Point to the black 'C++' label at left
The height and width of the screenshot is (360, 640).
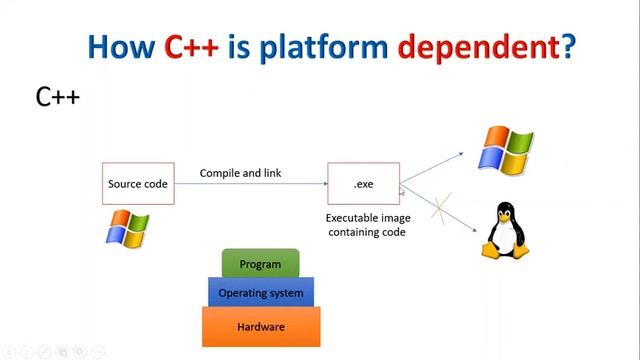pyautogui.click(x=57, y=97)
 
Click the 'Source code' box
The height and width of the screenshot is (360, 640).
pyautogui.click(x=139, y=184)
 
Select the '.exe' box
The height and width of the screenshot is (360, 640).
pyautogui.click(x=363, y=184)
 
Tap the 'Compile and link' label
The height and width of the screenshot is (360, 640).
pyautogui.click(x=240, y=173)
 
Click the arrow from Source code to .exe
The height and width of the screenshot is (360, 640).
pyautogui.click(x=250, y=184)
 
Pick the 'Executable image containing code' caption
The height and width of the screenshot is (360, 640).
pyautogui.click(x=365, y=224)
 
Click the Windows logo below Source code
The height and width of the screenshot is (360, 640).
pyautogui.click(x=127, y=229)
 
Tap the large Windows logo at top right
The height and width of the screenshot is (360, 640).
pyautogui.click(x=506, y=150)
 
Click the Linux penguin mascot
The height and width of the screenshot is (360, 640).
pyautogui.click(x=506, y=233)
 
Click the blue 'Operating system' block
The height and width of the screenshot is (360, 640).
pyautogui.click(x=261, y=293)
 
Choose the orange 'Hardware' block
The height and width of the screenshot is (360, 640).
pyautogui.click(x=261, y=327)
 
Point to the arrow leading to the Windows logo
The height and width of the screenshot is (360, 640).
pyautogui.click(x=432, y=168)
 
